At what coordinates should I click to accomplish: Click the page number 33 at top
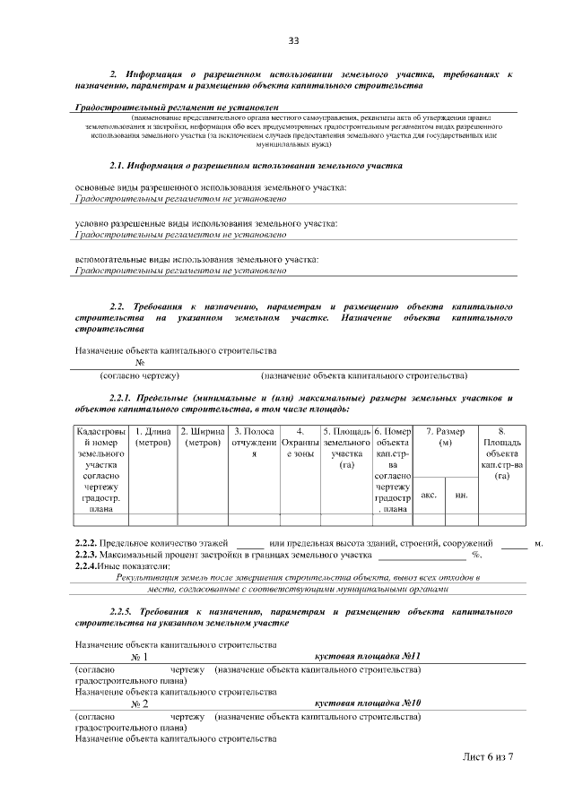(x=293, y=40)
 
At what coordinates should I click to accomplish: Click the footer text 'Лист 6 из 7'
(x=488, y=756)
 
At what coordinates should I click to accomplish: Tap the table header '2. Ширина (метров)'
(x=202, y=437)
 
